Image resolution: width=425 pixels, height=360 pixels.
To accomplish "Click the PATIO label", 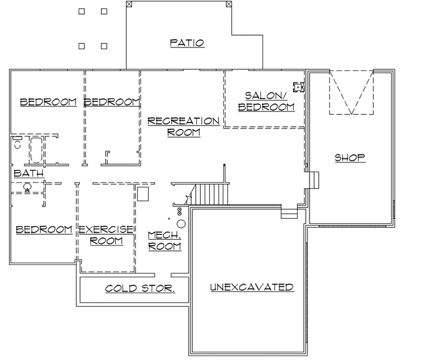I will [x=187, y=43].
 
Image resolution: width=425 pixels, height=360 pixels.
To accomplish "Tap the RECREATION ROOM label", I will [x=183, y=127].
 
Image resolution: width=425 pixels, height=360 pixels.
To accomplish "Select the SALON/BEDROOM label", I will [x=269, y=101].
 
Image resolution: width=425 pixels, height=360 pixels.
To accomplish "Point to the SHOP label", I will [x=350, y=157].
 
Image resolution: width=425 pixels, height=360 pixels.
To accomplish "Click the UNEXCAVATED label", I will [x=251, y=287].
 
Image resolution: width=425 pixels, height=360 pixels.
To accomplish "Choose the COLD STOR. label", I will [x=140, y=288].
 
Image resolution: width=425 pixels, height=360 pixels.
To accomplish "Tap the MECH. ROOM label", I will [x=164, y=240].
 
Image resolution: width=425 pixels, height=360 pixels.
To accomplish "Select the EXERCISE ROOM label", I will [x=106, y=235].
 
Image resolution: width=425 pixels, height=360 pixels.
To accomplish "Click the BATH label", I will [x=28, y=174].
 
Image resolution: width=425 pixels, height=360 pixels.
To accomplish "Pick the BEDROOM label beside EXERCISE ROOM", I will [x=44, y=229].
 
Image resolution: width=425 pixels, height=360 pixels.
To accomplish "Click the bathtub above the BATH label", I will [x=37, y=150].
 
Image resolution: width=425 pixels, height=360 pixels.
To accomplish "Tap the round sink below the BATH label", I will [x=27, y=188].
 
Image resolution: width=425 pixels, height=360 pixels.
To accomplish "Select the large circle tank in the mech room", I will [x=181, y=223].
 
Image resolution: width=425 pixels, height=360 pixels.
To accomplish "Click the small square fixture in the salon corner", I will [x=298, y=87].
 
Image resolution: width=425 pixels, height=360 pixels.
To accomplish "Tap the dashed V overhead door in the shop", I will [x=351, y=93].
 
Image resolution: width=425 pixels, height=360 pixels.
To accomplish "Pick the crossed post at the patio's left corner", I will [x=130, y=4].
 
